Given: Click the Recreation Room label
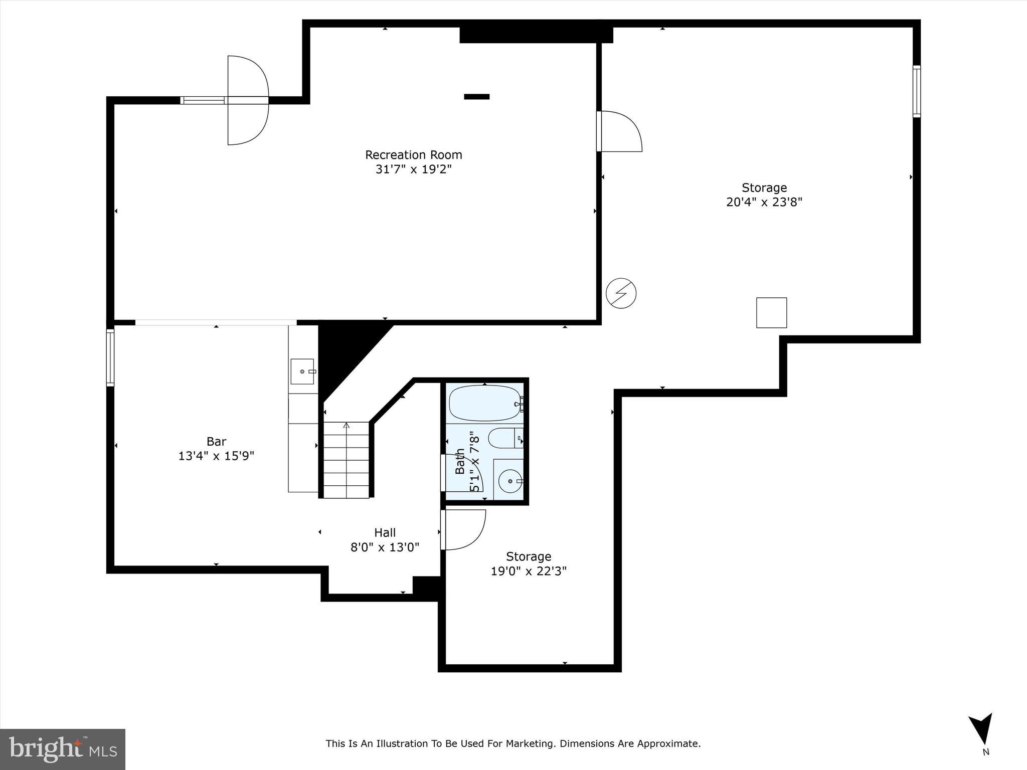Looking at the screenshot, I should point(413,155).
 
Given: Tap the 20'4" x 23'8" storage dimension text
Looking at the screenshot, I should point(764,202).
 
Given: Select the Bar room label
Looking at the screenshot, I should point(216,442).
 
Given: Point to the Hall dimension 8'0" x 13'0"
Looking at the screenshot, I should point(385,547).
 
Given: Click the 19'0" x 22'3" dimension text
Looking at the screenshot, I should point(529,571).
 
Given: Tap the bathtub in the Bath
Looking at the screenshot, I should point(484,403).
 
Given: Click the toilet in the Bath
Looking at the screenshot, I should point(504,438).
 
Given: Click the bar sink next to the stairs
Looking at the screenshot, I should point(302,371).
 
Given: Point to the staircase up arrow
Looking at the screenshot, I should point(346,426).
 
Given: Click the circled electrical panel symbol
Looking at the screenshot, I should point(621,293).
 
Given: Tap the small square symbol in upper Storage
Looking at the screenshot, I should point(771,313).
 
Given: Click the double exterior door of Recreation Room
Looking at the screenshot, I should point(248,100).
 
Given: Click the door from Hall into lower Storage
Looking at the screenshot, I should point(462,529).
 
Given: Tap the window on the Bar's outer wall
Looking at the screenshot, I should point(110,357).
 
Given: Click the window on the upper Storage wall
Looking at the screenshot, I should point(916,91).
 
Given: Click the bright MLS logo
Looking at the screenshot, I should point(63,749).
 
